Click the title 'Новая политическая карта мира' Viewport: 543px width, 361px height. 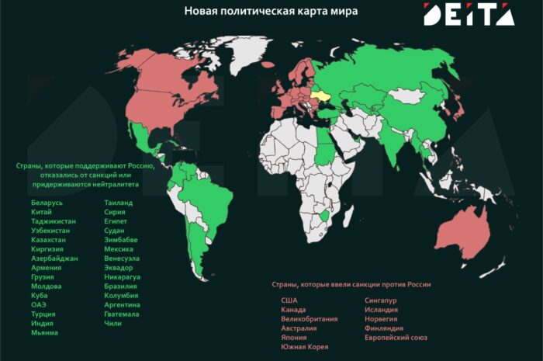point(271,12)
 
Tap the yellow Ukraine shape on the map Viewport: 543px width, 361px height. point(321,97)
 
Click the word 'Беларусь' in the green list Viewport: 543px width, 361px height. point(36,203)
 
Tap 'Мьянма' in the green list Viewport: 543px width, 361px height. point(34,332)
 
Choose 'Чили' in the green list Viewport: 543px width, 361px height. point(112,323)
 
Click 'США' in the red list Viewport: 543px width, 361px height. point(289,300)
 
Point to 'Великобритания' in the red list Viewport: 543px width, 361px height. point(309,319)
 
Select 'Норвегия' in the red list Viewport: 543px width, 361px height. point(380,319)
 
